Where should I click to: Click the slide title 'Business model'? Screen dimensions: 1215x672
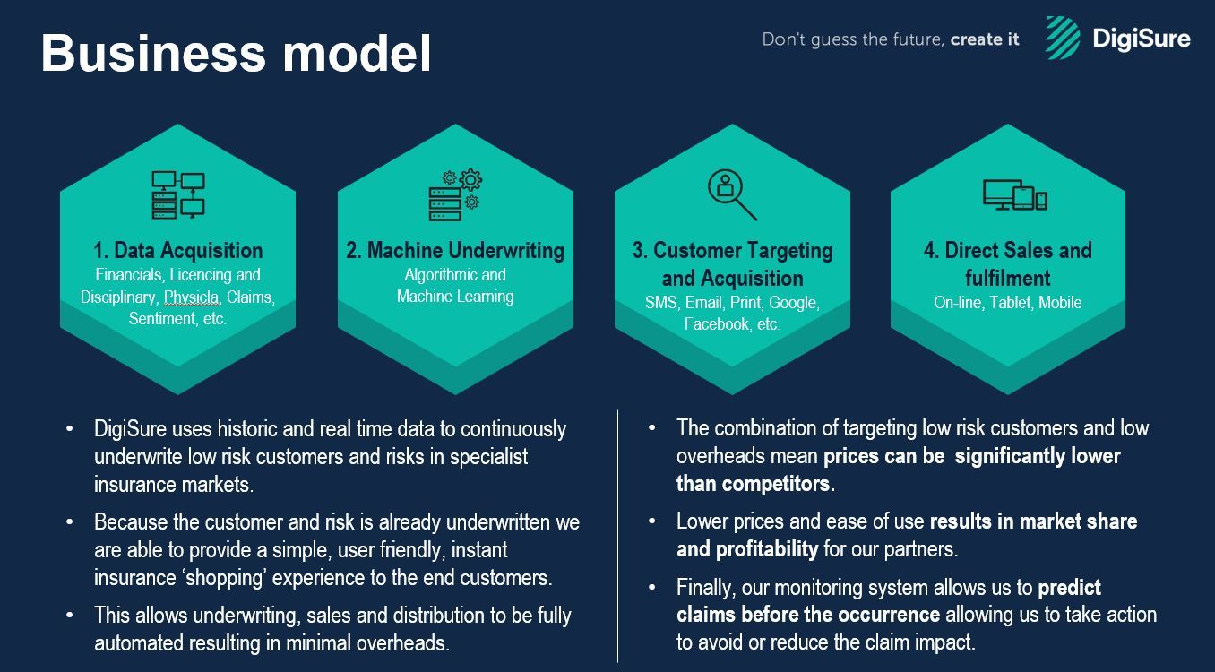[x=236, y=53]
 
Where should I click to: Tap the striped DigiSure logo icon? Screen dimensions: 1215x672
[x=1063, y=38]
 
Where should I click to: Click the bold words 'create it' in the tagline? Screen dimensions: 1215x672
[x=985, y=39]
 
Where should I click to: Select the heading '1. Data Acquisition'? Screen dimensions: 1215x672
[x=178, y=251]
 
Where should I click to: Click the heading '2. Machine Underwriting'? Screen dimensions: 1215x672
[x=455, y=251]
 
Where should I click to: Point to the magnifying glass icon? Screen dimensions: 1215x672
[x=732, y=194]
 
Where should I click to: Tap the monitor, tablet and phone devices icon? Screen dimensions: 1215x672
[x=1015, y=194]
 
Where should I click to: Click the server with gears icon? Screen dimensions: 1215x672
[x=455, y=194]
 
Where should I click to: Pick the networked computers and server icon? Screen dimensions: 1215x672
[x=178, y=194]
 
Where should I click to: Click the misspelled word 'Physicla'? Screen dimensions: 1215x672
[x=192, y=297]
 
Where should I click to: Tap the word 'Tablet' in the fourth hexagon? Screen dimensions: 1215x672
[x=1010, y=303]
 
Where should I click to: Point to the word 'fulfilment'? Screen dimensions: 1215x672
[x=1008, y=279]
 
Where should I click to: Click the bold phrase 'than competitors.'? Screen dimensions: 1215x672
[x=755, y=484]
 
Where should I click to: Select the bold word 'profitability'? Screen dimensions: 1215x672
[x=747, y=549]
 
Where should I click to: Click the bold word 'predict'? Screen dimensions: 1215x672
[x=1070, y=588]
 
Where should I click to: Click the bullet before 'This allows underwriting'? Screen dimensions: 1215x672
[x=69, y=615]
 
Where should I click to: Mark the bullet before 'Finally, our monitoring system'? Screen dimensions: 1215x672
[x=652, y=587]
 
